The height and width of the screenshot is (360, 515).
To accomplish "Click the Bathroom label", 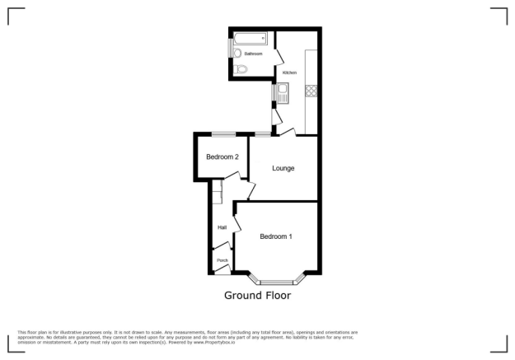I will (x=253, y=54).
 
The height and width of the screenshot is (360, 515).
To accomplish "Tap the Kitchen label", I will (x=289, y=72).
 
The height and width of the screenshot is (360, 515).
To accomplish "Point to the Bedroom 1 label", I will (x=276, y=236).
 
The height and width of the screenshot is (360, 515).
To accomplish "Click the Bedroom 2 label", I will (x=222, y=157).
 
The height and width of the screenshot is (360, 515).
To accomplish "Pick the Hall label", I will (x=222, y=227).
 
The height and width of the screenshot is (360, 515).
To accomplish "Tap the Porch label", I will (x=222, y=260).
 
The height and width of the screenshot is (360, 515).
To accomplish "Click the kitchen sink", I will (x=282, y=92).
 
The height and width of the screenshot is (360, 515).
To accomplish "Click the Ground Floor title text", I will (x=257, y=295).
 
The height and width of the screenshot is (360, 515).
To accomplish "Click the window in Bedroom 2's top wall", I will (x=223, y=134).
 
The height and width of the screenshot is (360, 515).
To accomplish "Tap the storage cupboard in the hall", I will (x=216, y=195).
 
